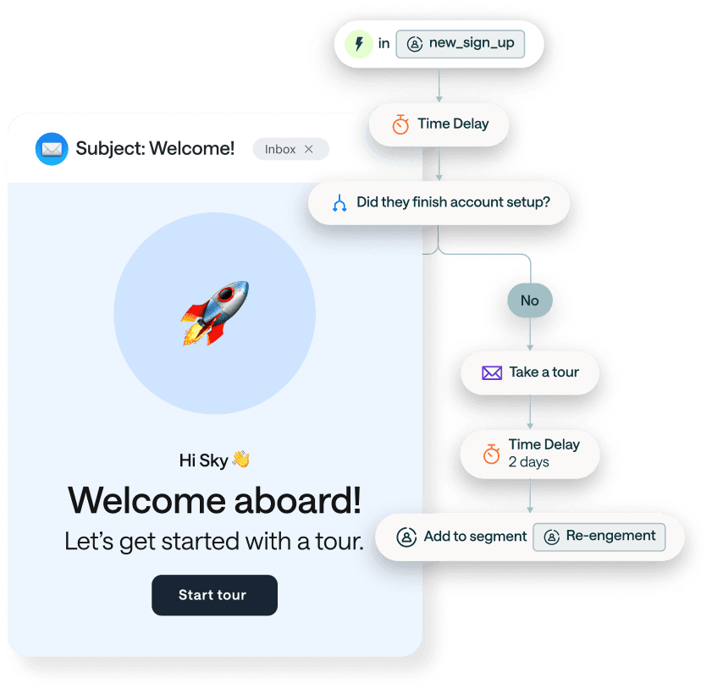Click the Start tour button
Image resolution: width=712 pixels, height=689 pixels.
click(x=214, y=595)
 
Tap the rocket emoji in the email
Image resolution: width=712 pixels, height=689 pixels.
click(x=215, y=313)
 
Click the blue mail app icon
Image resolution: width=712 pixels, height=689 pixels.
click(x=52, y=149)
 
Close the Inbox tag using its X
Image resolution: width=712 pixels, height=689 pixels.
click(x=309, y=149)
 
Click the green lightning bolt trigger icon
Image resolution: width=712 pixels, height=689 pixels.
click(x=359, y=44)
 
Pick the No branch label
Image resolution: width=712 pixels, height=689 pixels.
click(x=530, y=300)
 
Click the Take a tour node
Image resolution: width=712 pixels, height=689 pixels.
click(x=530, y=372)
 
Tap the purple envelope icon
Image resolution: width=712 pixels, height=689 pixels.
click(x=492, y=372)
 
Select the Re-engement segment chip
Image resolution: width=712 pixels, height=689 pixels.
click(x=599, y=537)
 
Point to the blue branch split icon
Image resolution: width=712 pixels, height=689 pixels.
click(x=339, y=203)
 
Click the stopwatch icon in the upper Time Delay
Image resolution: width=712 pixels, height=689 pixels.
click(x=400, y=124)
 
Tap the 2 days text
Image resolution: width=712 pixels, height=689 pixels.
click(x=529, y=462)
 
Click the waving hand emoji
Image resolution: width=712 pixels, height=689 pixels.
click(x=240, y=460)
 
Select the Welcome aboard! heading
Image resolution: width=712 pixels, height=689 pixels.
click(x=214, y=499)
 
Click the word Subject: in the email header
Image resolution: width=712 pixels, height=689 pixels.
click(x=110, y=149)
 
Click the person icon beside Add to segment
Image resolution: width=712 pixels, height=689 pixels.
click(x=407, y=537)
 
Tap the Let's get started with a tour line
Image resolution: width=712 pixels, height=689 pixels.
click(x=214, y=541)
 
